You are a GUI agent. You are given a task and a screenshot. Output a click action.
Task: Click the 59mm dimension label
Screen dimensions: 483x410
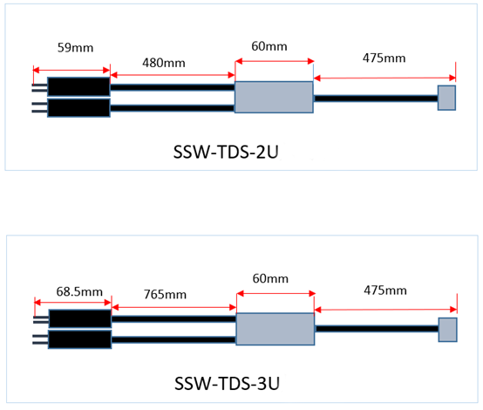pyautogui.click(x=76, y=48)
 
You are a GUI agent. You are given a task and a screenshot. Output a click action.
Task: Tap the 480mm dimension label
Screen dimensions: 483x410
pyautogui.click(x=164, y=63)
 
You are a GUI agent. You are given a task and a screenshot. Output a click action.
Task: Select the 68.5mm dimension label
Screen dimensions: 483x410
pyautogui.click(x=79, y=291)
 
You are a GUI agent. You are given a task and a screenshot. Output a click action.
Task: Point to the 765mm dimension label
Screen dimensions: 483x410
pyautogui.click(x=165, y=295)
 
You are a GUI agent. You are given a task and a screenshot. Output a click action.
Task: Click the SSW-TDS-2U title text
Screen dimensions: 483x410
pyautogui.click(x=226, y=152)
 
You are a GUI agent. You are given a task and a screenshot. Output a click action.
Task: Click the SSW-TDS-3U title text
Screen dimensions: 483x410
pyautogui.click(x=227, y=384)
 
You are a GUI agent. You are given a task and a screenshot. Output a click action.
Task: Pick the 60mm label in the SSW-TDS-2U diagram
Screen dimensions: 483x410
pyautogui.click(x=269, y=46)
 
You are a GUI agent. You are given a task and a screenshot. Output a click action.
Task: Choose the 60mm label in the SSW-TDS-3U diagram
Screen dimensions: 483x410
pyautogui.click(x=270, y=278)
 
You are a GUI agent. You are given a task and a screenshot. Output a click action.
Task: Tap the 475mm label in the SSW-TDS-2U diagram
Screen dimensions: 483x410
pyautogui.click(x=384, y=58)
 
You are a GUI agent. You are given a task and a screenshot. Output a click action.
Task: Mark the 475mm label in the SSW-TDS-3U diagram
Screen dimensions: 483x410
pyautogui.click(x=385, y=290)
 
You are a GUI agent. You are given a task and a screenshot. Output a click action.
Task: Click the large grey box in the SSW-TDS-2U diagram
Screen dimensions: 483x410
pyautogui.click(x=274, y=97)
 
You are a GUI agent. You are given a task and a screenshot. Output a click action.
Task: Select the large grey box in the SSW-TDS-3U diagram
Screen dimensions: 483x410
pyautogui.click(x=276, y=329)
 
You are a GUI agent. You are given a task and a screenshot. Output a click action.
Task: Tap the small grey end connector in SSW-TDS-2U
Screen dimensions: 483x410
pyautogui.click(x=446, y=98)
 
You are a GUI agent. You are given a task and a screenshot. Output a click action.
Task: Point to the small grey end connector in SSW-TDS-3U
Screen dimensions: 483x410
pyautogui.click(x=447, y=330)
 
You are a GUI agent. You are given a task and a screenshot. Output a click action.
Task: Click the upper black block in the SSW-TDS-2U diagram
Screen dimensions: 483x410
pyautogui.click(x=78, y=86)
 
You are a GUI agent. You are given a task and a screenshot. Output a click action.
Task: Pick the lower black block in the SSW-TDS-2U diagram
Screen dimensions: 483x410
pyautogui.click(x=78, y=108)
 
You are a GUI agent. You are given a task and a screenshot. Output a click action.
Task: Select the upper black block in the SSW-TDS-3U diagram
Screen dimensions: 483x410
pyautogui.click(x=80, y=318)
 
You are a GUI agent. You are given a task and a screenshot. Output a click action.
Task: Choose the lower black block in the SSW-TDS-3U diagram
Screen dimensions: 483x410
pyautogui.click(x=80, y=339)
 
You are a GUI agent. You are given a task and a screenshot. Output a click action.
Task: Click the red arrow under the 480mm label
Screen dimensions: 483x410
pyautogui.click(x=173, y=75)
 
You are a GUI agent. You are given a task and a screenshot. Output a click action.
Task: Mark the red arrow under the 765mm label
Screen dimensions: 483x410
pyautogui.click(x=174, y=307)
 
